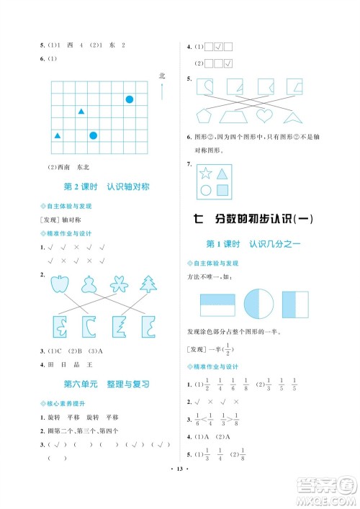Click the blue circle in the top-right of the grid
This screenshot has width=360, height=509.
pos(130,99)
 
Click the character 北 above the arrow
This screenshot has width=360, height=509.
pos(162,76)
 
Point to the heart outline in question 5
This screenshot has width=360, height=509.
pos(264,115)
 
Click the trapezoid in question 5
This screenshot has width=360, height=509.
pos(234,117)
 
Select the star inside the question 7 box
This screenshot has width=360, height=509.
pos(205,174)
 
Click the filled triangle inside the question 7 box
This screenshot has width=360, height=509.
pos(222,173)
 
